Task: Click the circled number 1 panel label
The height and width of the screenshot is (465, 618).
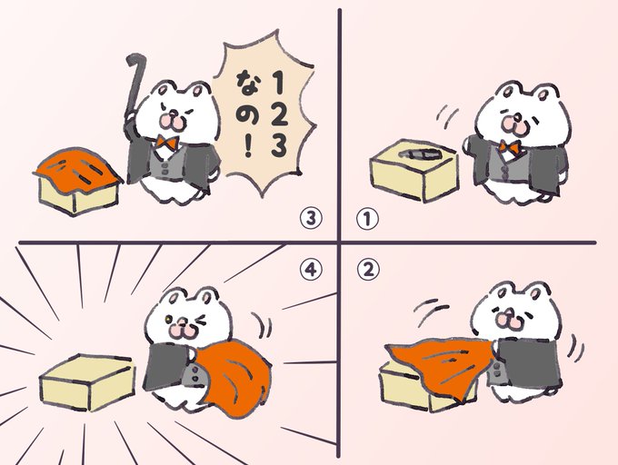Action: click(367, 219)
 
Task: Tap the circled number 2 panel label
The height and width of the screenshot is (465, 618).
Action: click(368, 270)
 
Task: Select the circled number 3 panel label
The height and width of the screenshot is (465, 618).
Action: click(311, 219)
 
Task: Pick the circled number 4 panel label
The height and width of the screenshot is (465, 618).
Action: click(311, 270)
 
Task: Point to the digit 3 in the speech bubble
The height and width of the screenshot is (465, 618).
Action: click(278, 146)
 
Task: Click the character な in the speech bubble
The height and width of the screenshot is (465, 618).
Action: click(247, 83)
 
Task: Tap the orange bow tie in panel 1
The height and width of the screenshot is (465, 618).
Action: click(509, 147)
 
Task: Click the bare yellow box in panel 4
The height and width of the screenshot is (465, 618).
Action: click(87, 382)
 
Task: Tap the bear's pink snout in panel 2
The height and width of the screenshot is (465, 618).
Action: click(509, 319)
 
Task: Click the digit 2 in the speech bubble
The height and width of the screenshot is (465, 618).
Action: click(279, 114)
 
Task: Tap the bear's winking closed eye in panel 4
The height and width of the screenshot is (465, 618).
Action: click(201, 321)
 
